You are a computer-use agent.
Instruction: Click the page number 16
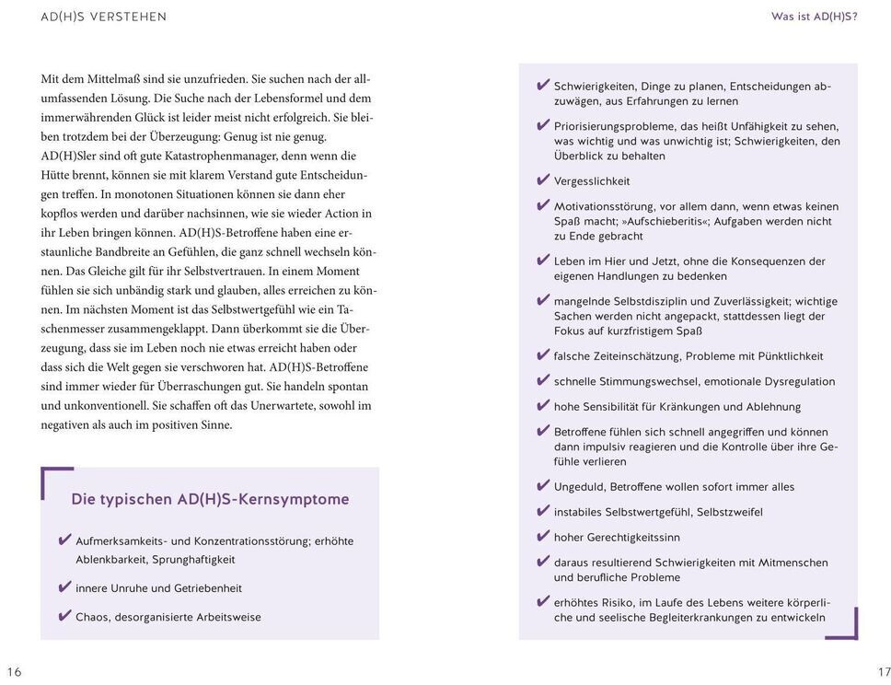pos(14,671)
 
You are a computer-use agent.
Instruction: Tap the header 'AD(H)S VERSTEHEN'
pos(104,17)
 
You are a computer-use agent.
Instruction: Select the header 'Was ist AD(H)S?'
pos(814,17)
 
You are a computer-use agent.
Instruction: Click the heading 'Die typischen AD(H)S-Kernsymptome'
pos(210,499)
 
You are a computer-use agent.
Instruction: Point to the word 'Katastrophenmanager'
pos(219,156)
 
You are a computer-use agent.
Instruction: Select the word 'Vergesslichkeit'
pos(592,181)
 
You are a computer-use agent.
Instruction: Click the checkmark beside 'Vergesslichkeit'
pos(542,180)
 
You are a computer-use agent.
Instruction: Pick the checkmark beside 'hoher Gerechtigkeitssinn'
pos(542,536)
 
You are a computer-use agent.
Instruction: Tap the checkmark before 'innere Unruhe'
pos(64,586)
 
